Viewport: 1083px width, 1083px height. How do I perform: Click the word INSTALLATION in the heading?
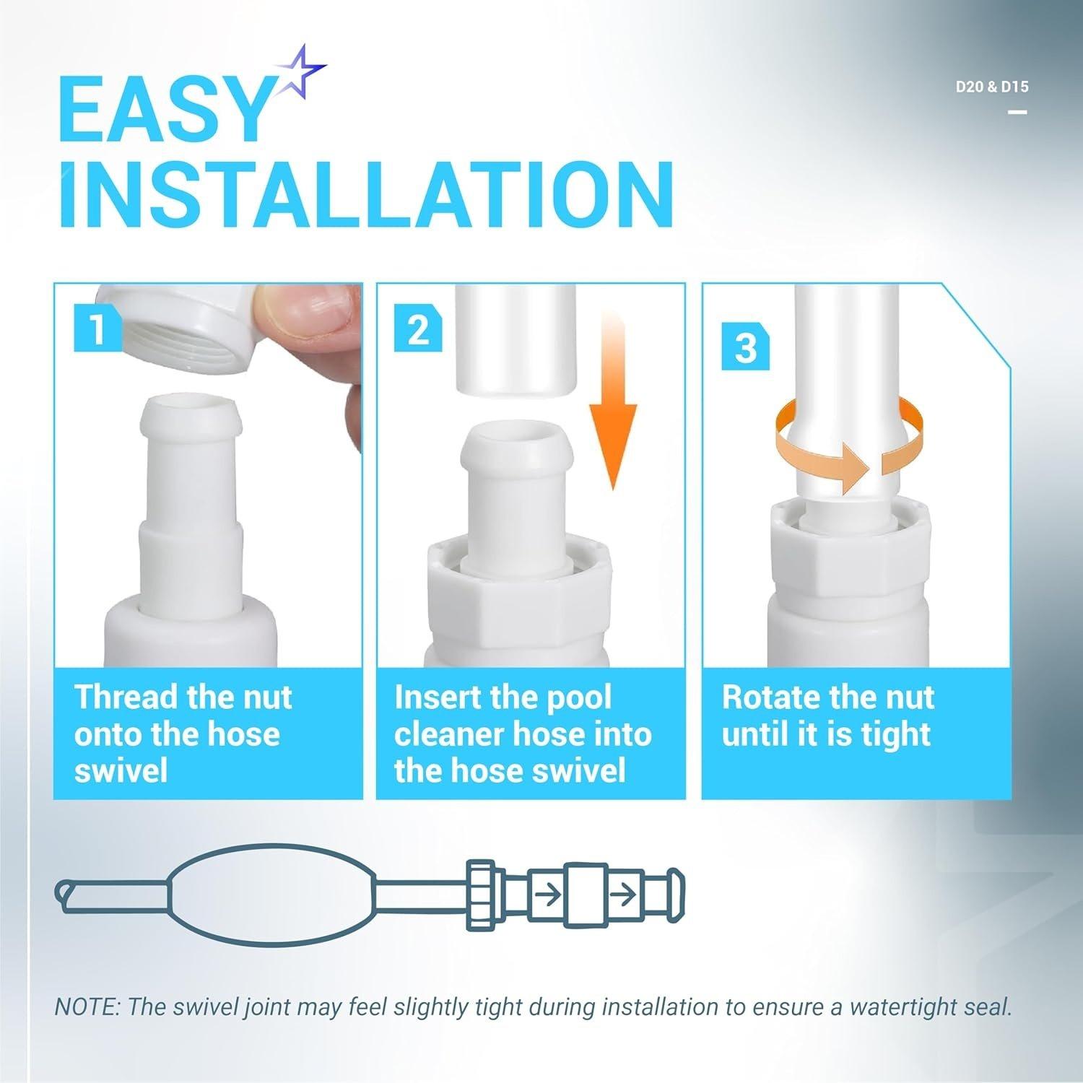367,194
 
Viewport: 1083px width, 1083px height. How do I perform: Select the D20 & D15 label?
992,87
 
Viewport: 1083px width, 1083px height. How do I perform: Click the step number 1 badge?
97,328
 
